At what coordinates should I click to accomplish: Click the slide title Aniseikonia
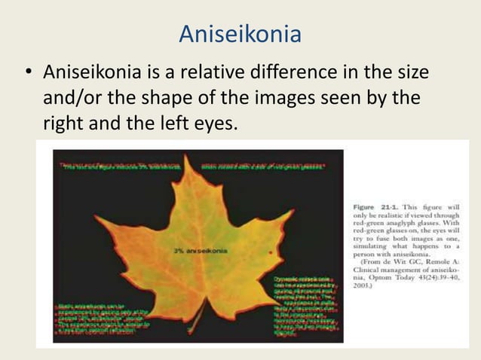[x=240, y=34]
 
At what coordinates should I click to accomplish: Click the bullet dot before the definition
[x=27, y=75]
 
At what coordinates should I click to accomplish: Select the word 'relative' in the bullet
[x=217, y=74]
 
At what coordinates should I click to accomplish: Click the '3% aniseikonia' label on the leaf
[x=198, y=250]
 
